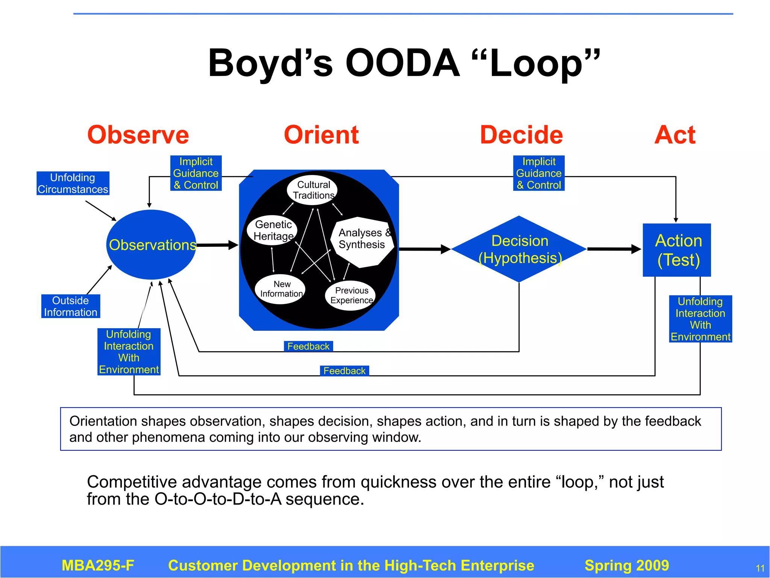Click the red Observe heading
pos(138,135)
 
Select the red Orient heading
pos(321,135)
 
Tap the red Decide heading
pos(521,135)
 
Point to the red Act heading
pos(675,135)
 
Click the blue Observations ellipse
pos(152,245)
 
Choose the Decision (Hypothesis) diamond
pos(519,249)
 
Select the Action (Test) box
pos(677,250)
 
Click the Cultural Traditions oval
pos(313,190)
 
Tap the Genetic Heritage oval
pos(273,230)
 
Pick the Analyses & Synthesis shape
pos(362,241)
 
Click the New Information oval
pos(280,289)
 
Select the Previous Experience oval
pos(351,295)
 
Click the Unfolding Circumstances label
pos(73,183)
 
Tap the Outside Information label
pos(71,306)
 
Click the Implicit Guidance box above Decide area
pos(539,173)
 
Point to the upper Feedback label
pos(308,346)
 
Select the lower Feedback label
pos(344,371)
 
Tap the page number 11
pos(760,568)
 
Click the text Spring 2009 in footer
pos(627,565)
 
